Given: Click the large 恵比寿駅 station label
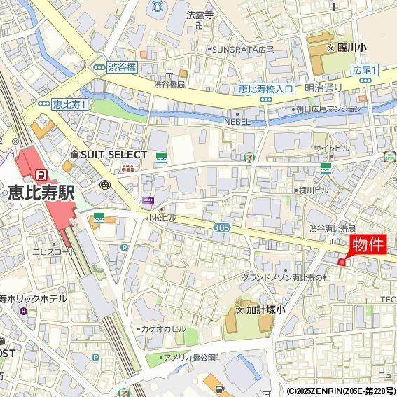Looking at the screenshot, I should click(x=41, y=193).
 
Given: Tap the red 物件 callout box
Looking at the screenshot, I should click(x=368, y=245).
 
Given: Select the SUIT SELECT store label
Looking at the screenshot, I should click(x=113, y=154).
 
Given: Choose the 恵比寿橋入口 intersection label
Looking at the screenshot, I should click(x=265, y=88).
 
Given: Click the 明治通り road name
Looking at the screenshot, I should click(x=323, y=88).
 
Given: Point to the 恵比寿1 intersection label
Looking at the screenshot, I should click(x=69, y=104).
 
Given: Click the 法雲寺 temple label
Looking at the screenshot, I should click(x=199, y=14).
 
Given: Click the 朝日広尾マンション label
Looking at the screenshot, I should click(x=328, y=109).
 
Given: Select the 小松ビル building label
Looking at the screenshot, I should click(x=161, y=218).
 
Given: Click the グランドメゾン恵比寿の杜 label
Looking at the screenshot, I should click(x=285, y=278).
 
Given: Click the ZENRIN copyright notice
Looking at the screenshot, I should click(x=340, y=391).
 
